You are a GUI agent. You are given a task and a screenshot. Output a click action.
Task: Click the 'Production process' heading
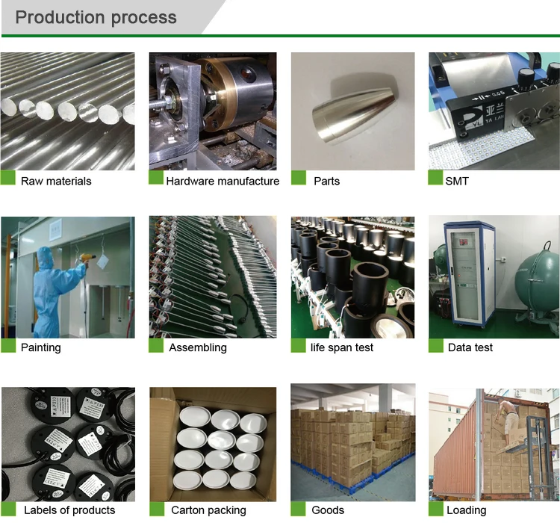point(96,17)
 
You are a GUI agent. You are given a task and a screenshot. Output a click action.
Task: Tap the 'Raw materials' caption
point(56,181)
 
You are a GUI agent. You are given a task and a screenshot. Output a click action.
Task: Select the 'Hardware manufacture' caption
point(223,181)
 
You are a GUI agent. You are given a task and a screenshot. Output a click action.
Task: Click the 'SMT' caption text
point(457,181)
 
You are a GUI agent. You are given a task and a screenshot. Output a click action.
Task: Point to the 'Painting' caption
point(41,347)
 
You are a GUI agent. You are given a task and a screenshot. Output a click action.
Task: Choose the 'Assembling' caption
point(198,347)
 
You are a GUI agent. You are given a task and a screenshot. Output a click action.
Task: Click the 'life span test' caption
point(342,347)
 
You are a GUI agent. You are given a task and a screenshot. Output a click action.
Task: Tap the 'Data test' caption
point(470,347)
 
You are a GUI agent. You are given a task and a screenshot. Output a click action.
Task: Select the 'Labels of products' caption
point(69,510)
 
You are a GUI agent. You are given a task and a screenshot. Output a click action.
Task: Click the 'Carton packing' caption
point(208,510)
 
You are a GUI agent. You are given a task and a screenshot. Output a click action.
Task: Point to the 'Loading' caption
point(466,510)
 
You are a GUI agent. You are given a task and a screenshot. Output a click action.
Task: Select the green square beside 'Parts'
point(298,178)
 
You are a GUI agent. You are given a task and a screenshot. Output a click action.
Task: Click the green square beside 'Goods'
point(298,508)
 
